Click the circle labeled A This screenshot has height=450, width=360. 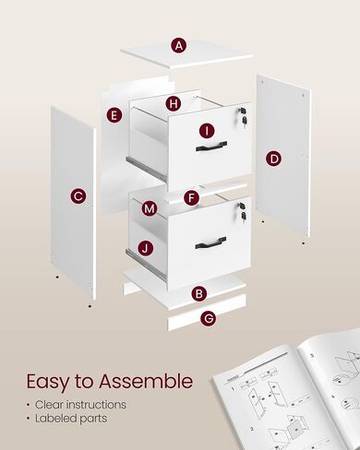point(179,44)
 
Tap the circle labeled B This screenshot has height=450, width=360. point(198,294)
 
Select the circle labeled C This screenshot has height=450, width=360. point(78,195)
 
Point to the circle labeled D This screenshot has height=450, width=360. point(274,159)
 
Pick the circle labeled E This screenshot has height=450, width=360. point(114,115)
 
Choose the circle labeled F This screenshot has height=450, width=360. point(191,197)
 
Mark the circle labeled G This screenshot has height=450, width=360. point(209,318)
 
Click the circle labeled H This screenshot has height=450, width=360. point(173,103)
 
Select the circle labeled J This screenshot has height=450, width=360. point(146,247)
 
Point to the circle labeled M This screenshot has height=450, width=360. point(150,209)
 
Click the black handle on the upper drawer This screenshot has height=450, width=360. point(210,146)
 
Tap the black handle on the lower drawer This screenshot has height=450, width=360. point(210,243)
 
